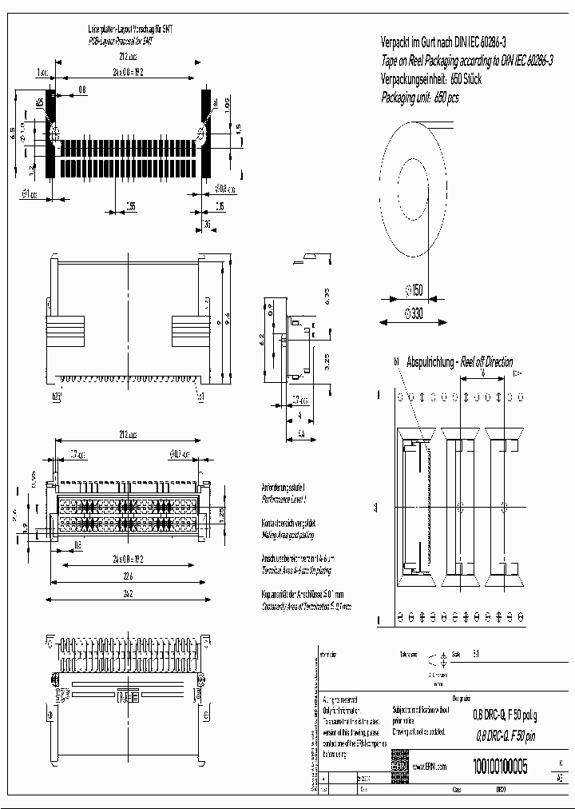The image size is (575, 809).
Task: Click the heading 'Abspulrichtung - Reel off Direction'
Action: [460, 361]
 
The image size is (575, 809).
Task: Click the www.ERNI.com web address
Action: [429, 767]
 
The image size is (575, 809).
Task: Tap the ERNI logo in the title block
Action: [399, 767]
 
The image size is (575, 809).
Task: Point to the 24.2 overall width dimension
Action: [128, 594]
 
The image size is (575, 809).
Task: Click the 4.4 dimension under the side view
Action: [302, 432]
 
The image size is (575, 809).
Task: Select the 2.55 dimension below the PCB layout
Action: [130, 206]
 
